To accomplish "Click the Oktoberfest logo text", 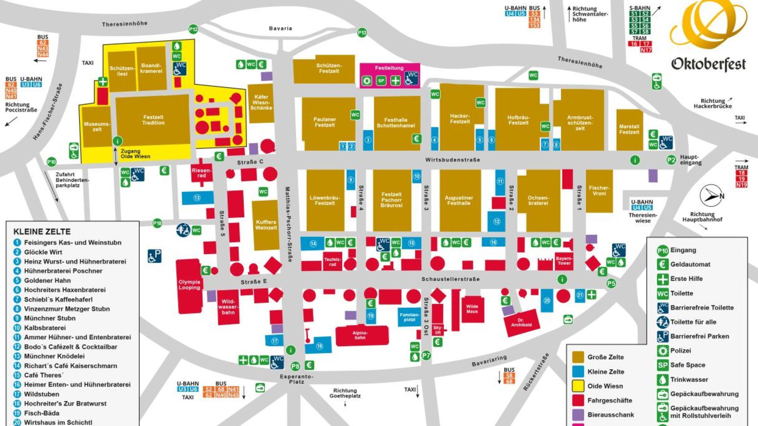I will [708, 64].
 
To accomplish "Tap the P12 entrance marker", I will [193, 29].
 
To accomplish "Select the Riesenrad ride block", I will [202, 173].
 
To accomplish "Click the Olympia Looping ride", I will [189, 285].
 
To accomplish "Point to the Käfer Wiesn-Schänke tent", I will [261, 102].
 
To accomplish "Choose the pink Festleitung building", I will [389, 75].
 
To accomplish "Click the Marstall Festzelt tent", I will [629, 129].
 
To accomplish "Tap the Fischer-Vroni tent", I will [599, 191].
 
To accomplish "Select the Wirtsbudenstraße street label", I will [452, 160].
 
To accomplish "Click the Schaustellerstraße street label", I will [450, 279].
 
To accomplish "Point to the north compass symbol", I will [712, 195].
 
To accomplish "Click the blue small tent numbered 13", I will [197, 198].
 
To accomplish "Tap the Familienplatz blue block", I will [409, 317].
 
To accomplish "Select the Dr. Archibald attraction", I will [521, 323].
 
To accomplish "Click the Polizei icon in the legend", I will [662, 351].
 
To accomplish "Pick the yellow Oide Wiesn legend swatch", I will [578, 386].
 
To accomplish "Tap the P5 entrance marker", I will [611, 283].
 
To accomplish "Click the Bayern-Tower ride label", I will [564, 261].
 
